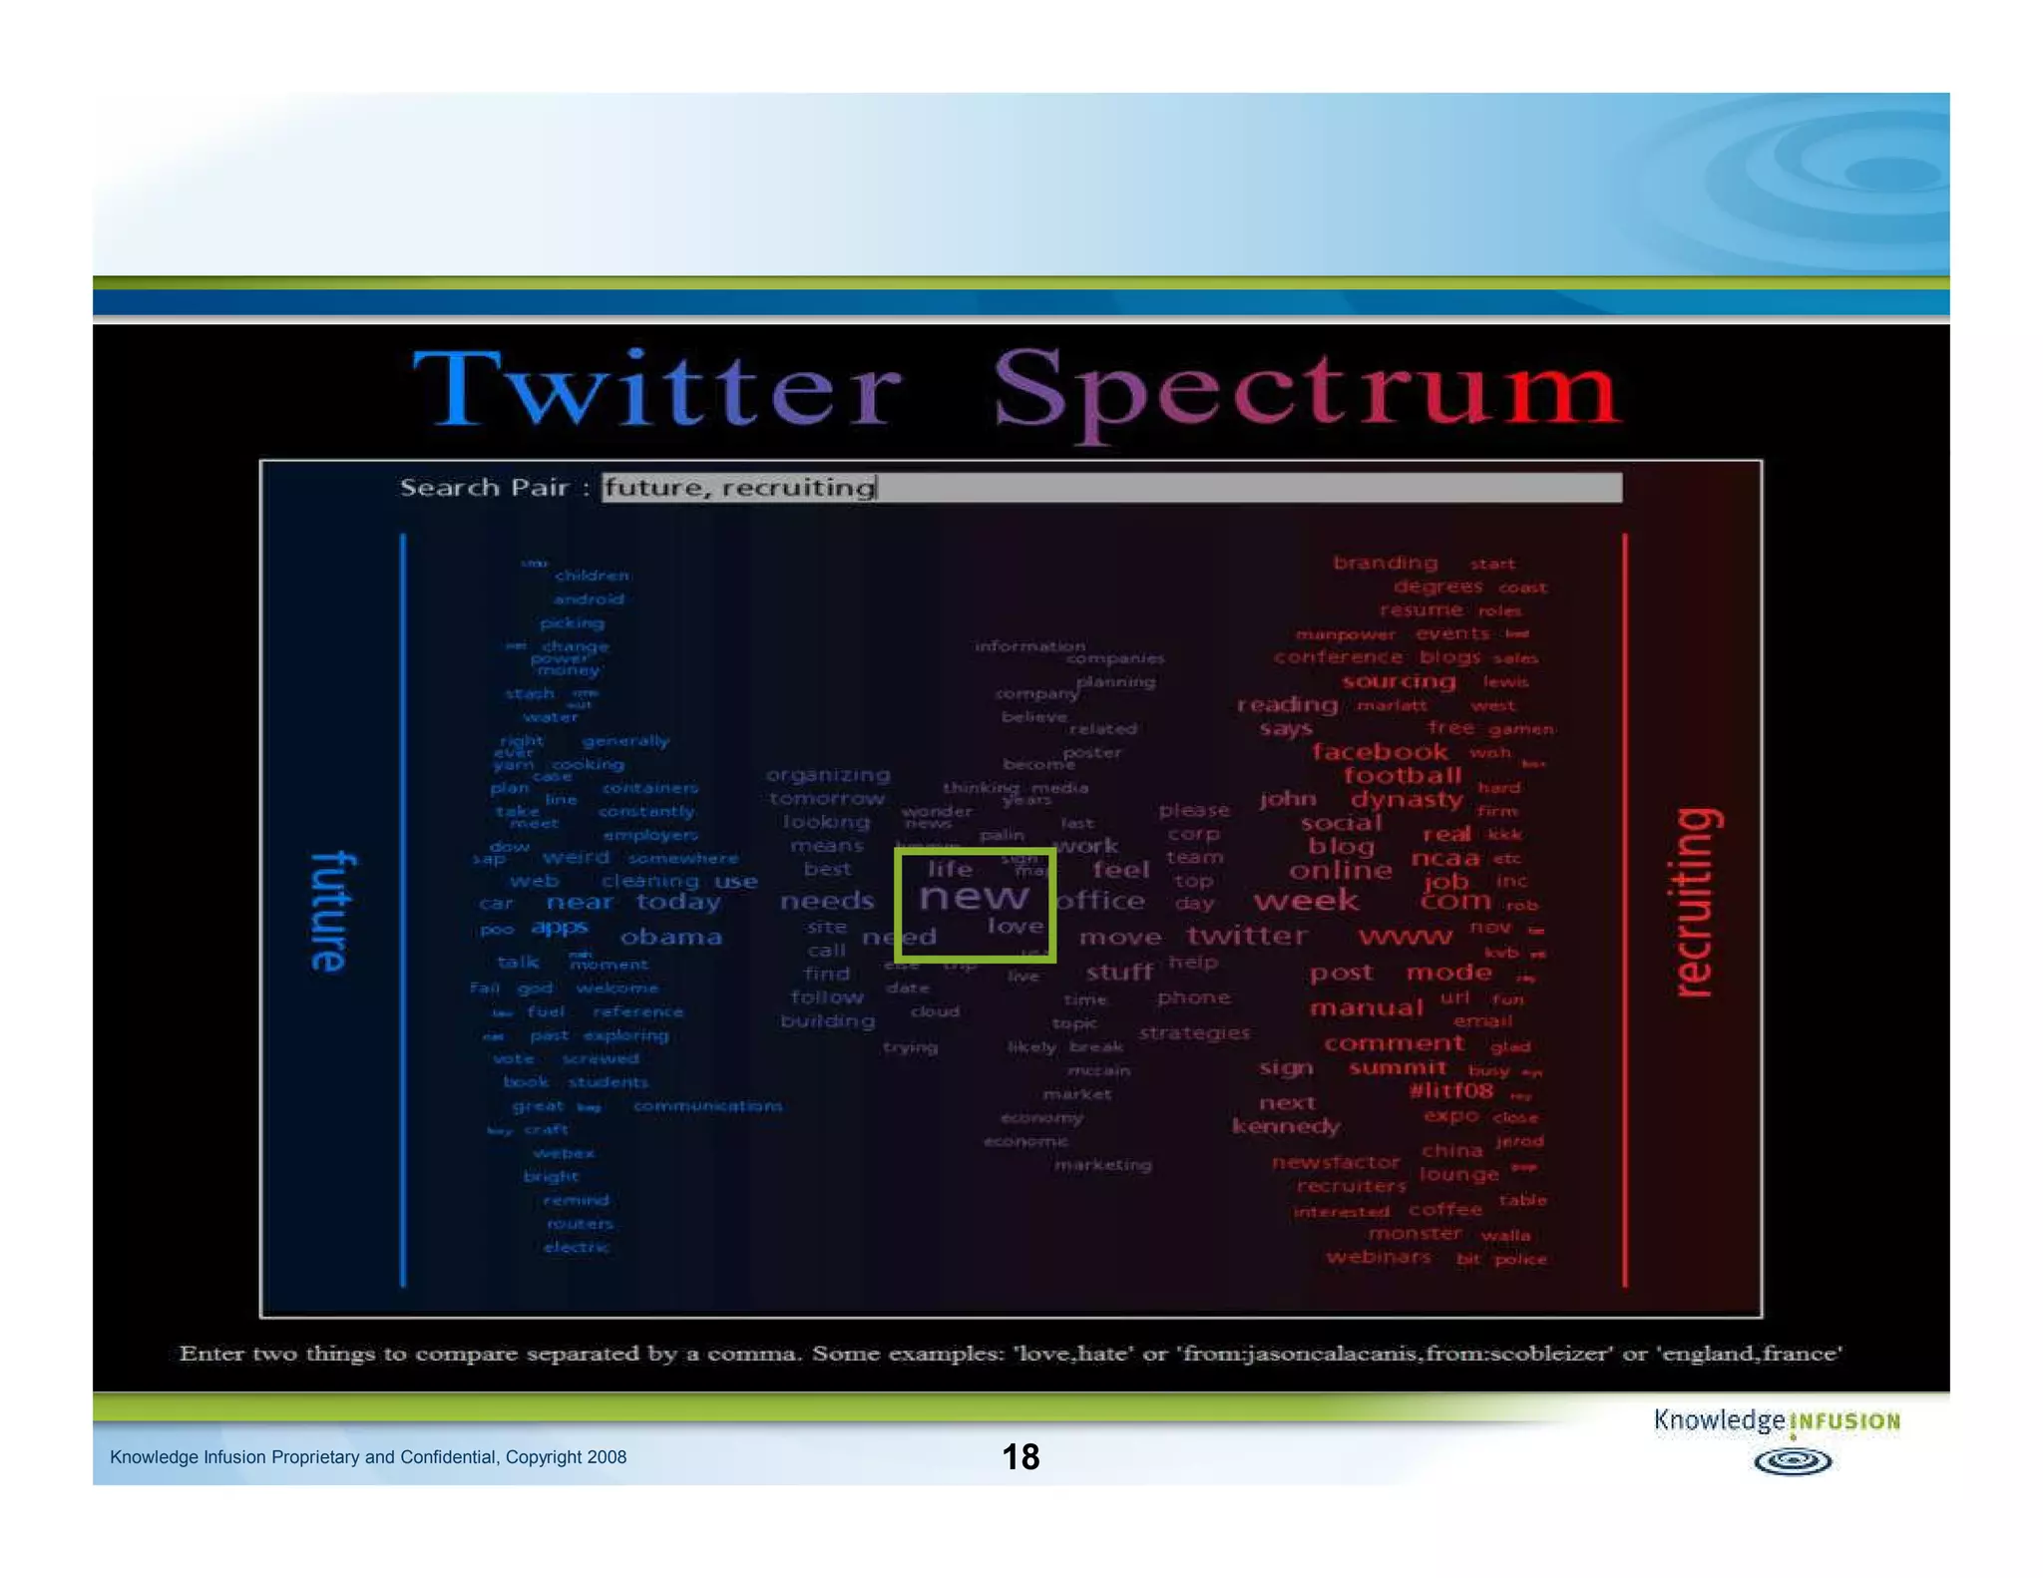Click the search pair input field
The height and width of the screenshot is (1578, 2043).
point(1111,488)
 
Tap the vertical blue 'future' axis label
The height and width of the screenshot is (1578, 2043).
point(330,911)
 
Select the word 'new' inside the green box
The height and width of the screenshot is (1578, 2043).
point(973,896)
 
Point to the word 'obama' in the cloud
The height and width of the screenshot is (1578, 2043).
point(670,937)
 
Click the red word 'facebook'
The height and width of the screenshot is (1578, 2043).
point(1379,751)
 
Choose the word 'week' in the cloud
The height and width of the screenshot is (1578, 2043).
point(1306,901)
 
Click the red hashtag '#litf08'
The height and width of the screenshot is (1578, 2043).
point(1450,1090)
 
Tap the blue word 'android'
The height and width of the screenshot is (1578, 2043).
point(589,599)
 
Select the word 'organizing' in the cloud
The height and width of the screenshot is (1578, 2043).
point(827,775)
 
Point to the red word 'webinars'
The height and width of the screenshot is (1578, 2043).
point(1378,1257)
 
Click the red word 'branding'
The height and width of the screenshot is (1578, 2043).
point(1385,563)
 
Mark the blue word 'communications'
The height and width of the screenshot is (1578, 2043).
point(707,1105)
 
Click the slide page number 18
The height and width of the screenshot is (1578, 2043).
point(1021,1456)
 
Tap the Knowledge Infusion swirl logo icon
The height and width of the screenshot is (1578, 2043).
point(1792,1461)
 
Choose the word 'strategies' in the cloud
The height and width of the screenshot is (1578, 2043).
point(1193,1032)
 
